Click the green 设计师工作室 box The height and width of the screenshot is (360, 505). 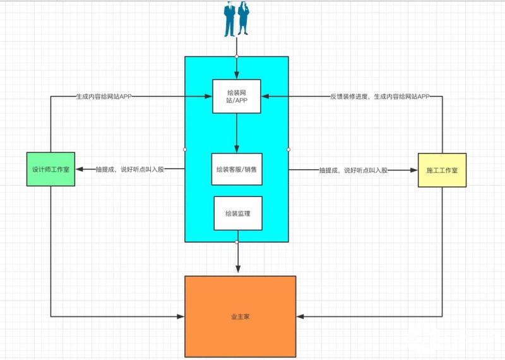50,169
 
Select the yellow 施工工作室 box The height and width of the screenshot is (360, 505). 442,169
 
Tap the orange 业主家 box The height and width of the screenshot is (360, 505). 240,316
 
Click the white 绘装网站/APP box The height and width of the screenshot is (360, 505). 237,97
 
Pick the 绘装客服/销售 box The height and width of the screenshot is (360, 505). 237,169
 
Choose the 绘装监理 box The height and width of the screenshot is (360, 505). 237,213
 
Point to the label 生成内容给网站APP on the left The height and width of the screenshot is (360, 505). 104,97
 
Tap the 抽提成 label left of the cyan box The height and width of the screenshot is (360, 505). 129,169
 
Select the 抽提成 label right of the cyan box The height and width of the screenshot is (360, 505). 353,169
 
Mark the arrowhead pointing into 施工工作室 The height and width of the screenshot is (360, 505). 413,169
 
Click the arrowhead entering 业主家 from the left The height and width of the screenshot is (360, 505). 180,316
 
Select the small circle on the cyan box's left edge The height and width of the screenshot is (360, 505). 184,150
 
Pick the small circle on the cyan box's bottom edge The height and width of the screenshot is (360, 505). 237,242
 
